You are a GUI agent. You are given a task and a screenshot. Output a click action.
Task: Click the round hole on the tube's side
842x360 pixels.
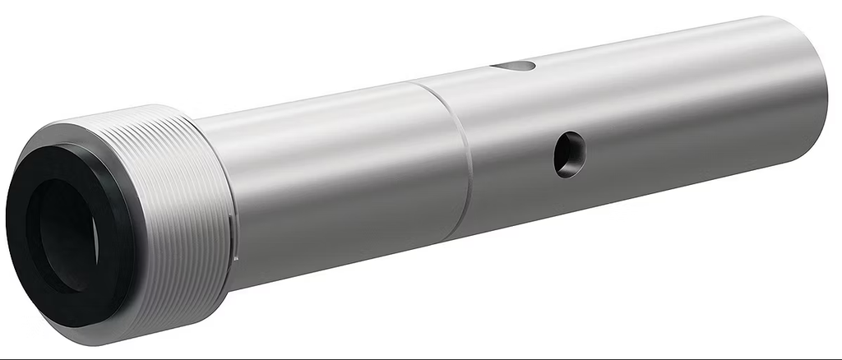569,153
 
